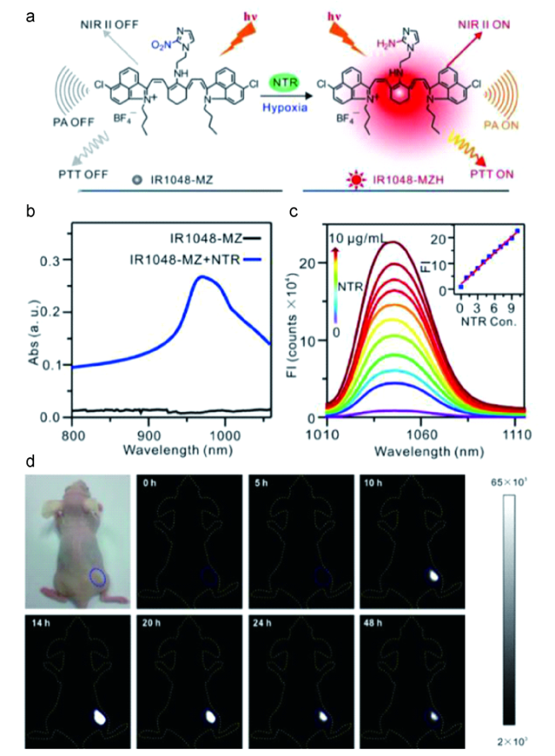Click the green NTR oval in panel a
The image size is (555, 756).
tap(281, 82)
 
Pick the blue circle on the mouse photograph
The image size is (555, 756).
tap(97, 579)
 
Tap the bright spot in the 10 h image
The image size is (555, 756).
tap(434, 576)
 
